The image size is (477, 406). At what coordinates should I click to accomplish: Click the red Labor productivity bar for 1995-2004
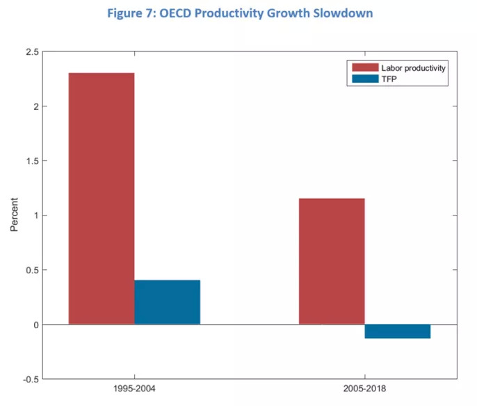tap(102, 198)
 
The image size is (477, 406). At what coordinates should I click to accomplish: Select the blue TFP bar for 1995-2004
tap(168, 302)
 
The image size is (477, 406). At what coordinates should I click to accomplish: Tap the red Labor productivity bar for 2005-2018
tap(332, 261)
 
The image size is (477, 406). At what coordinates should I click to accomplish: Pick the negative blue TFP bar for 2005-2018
tap(398, 331)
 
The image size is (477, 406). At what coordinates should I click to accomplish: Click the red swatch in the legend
tap(364, 67)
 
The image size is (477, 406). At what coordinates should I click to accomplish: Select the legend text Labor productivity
tap(413, 67)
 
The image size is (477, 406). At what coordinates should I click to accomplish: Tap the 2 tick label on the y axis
tap(34, 106)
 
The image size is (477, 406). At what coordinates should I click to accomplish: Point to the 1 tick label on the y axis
tap(34, 216)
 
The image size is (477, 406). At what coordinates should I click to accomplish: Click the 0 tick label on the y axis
tap(34, 325)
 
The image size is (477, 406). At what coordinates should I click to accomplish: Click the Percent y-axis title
tap(15, 216)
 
